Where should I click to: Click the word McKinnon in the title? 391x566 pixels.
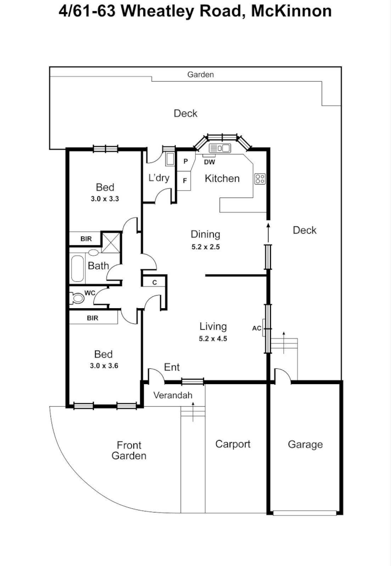click(291, 11)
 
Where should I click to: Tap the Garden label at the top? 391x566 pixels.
click(200, 74)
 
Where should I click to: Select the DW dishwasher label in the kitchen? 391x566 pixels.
click(209, 162)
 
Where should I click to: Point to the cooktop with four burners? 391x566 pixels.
click(260, 179)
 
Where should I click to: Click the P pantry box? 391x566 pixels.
click(185, 161)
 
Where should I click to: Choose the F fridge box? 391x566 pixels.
click(185, 181)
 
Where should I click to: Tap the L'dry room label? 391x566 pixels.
click(158, 178)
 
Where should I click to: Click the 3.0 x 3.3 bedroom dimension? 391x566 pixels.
click(105, 199)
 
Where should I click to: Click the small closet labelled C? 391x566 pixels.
click(154, 282)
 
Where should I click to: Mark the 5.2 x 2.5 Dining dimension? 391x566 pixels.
click(205, 246)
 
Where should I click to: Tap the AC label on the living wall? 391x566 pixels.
click(257, 329)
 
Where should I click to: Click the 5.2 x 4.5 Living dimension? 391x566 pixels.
click(213, 339)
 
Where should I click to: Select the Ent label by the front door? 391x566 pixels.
click(172, 367)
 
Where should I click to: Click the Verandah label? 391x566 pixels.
click(173, 395)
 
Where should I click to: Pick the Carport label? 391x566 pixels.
click(233, 444)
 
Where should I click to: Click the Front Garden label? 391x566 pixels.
click(129, 451)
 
